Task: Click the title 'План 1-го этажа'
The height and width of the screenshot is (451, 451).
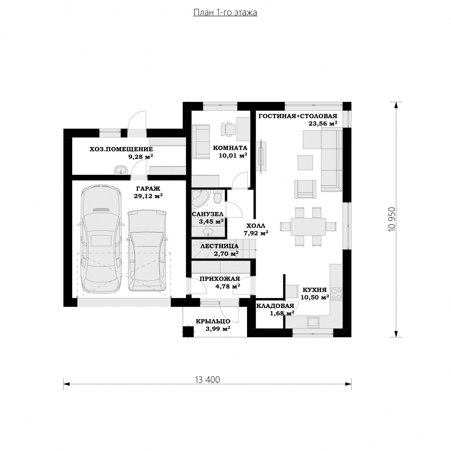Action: [225, 13]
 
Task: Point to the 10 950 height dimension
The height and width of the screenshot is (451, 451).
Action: [391, 219]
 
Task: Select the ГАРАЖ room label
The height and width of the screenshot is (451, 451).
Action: [148, 188]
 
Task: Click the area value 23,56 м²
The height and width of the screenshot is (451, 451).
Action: [323, 123]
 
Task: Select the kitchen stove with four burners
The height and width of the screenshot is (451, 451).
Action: [336, 294]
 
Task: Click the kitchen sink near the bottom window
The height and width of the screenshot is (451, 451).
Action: [313, 322]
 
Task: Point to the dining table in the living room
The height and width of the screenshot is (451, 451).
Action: [308, 226]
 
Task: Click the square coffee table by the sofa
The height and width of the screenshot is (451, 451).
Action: [305, 162]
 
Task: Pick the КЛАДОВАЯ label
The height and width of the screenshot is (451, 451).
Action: [275, 306]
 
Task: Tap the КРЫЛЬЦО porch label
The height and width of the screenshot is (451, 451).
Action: [213, 321]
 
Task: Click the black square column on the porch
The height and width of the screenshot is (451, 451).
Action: [188, 331]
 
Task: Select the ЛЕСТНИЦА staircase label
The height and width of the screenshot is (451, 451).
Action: [219, 246]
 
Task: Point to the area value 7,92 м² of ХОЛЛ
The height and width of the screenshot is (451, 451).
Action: [256, 233]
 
